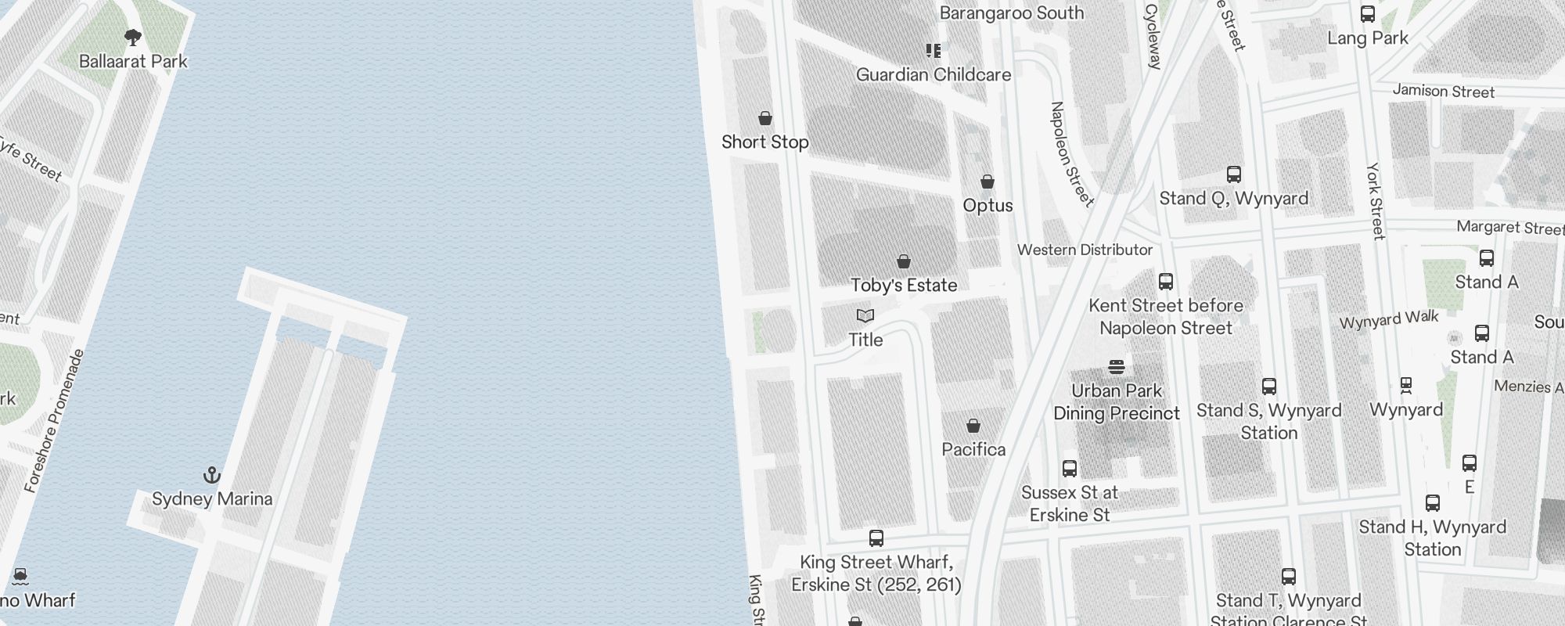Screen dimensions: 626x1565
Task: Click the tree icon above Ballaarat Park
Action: click(x=133, y=37)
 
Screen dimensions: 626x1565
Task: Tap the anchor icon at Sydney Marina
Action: click(x=211, y=475)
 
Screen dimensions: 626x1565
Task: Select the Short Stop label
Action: click(x=765, y=142)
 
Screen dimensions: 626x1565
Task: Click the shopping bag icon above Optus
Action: click(x=988, y=182)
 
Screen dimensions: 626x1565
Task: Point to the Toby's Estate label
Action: click(x=904, y=285)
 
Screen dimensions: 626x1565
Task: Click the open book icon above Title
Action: click(x=865, y=315)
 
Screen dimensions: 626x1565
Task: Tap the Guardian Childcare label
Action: click(x=933, y=74)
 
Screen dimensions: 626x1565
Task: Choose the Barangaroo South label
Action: click(x=1011, y=13)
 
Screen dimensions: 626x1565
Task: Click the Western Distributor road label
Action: click(x=1085, y=250)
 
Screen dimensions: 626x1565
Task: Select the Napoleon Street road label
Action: click(x=1071, y=154)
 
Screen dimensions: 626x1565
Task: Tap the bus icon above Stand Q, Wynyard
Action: click(x=1234, y=174)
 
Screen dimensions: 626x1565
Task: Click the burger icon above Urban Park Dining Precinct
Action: click(x=1117, y=366)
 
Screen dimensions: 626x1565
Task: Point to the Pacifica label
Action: click(x=973, y=449)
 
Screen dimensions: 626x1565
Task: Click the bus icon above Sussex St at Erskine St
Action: click(x=1070, y=469)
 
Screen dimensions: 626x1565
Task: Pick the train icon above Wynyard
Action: click(x=1406, y=385)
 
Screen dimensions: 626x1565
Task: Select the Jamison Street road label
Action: click(x=1443, y=92)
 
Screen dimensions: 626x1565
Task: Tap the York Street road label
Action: click(x=1376, y=201)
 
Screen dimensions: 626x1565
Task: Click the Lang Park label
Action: click(x=1368, y=38)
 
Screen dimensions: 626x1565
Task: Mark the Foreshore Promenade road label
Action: click(x=54, y=421)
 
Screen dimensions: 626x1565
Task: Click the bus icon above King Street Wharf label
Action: click(x=876, y=538)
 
